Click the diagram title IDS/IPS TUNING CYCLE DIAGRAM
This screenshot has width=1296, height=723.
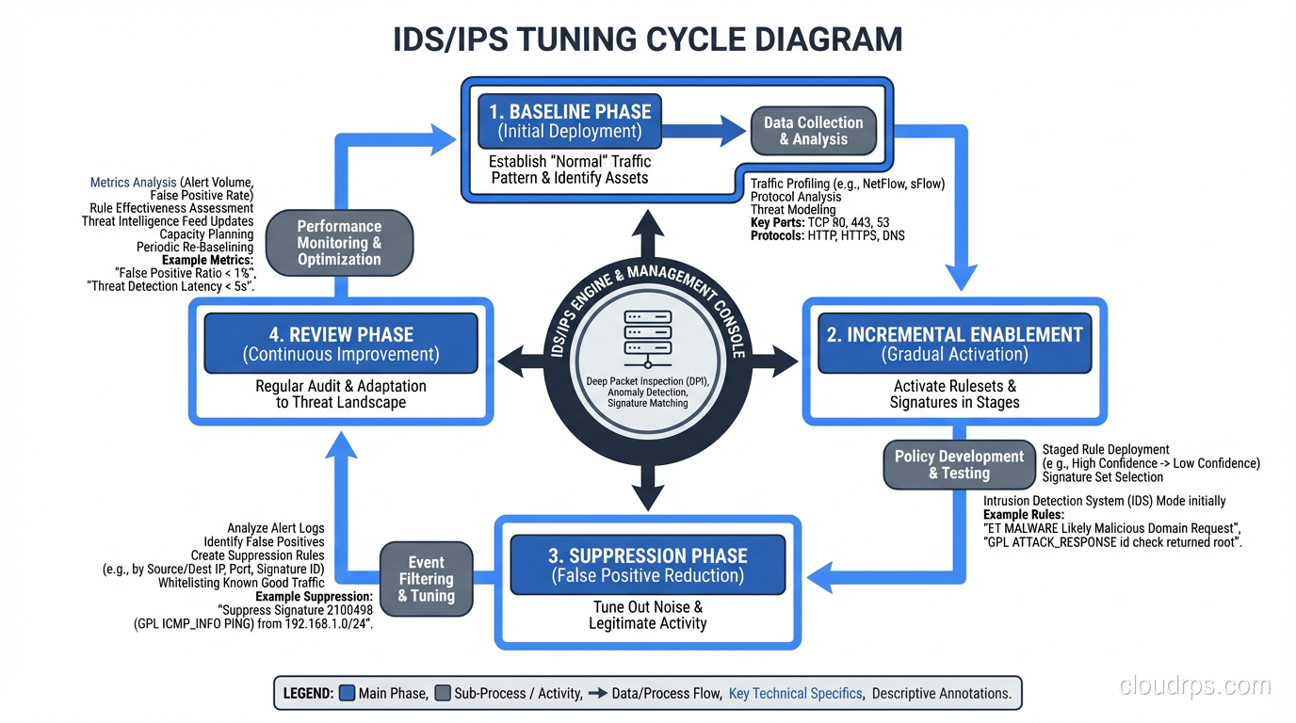647,40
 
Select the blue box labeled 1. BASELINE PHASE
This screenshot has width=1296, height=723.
570,121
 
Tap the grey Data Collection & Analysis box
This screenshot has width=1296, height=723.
813,131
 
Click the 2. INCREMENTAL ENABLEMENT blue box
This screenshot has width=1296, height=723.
954,344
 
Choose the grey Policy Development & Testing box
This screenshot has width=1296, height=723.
958,465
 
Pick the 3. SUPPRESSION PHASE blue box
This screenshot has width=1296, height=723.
647,565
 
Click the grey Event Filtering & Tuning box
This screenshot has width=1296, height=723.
426,579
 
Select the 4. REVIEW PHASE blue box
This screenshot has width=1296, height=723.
340,344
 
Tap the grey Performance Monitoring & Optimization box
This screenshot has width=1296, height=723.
339,243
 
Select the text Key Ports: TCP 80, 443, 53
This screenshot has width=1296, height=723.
819,223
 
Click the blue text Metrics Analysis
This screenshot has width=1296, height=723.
133,183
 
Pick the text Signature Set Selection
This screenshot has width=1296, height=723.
1102,477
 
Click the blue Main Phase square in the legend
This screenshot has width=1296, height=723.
346,694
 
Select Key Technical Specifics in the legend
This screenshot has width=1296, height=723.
795,694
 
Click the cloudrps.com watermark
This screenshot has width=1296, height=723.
1194,685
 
